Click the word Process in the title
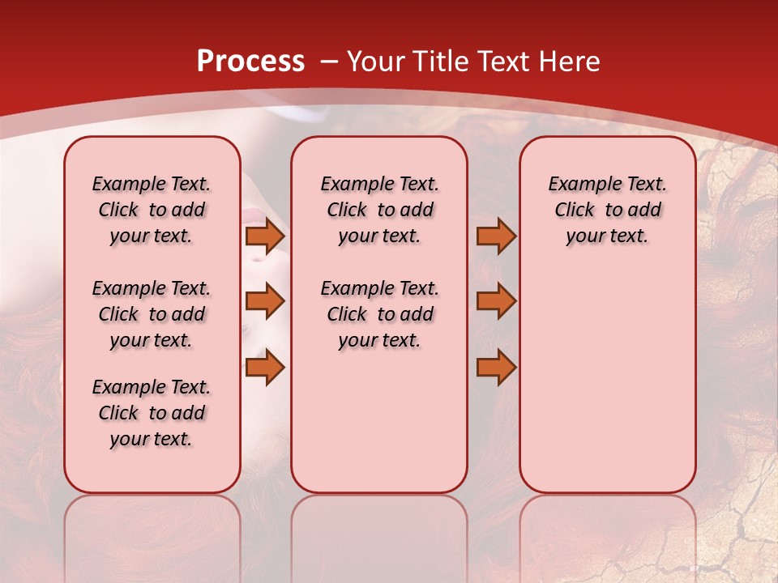(250, 62)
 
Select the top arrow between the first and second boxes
(265, 236)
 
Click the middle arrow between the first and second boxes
(265, 301)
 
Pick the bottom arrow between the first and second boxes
(265, 368)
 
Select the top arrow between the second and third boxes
(496, 236)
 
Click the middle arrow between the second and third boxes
(496, 301)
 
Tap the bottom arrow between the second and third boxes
(496, 368)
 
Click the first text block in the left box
(152, 210)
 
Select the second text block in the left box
(152, 314)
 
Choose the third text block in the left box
(152, 413)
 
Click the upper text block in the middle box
(379, 210)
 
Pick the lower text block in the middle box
(379, 314)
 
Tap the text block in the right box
(607, 210)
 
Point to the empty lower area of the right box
(607, 381)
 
